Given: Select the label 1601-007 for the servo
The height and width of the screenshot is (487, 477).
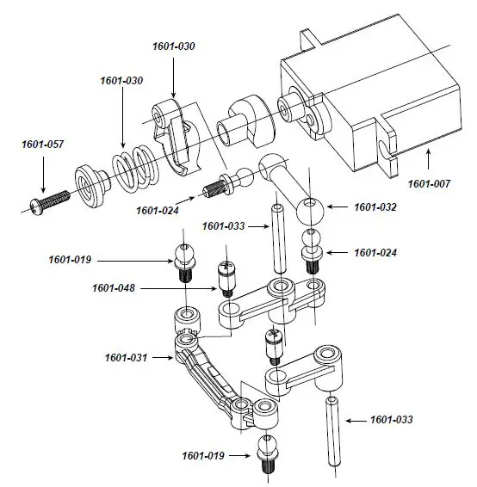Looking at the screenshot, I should click(x=429, y=183).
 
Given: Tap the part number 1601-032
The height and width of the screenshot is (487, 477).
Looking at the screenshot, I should click(x=375, y=207).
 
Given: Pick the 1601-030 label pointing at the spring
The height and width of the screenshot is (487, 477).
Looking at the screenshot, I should click(x=122, y=80).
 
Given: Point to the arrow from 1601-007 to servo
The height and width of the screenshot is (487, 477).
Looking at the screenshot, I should click(x=428, y=160).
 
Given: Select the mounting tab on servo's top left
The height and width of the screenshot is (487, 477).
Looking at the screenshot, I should click(x=309, y=42).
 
